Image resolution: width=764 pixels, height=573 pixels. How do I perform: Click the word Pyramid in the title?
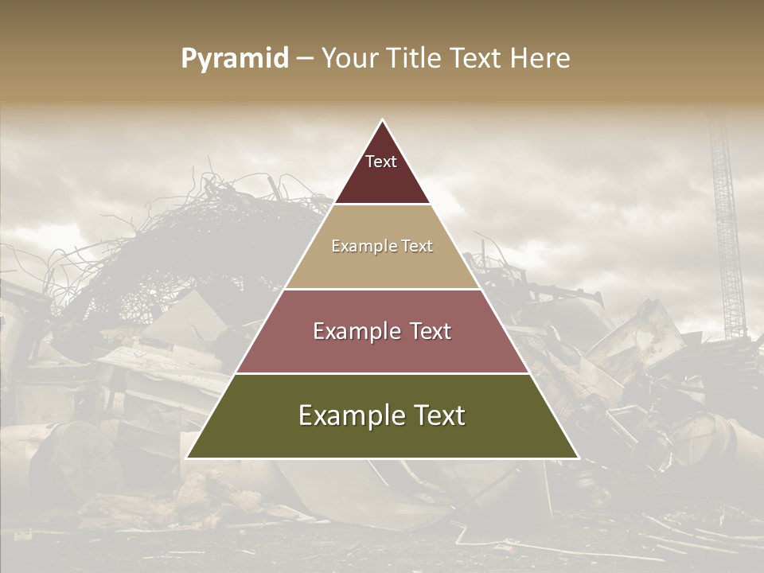pos(234,59)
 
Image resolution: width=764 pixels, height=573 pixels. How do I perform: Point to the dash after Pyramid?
pos(304,59)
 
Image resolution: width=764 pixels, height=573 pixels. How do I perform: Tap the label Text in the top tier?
pos(381,162)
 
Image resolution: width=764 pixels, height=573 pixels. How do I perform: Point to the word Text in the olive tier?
pos(435,415)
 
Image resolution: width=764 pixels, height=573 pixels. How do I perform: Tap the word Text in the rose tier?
pos(426,331)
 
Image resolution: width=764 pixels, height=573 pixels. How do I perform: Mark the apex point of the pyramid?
pos(383,120)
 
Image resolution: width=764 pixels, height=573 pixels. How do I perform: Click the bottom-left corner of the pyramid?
pos(187,458)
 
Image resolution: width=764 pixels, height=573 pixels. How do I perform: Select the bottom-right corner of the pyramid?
pos(578,458)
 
